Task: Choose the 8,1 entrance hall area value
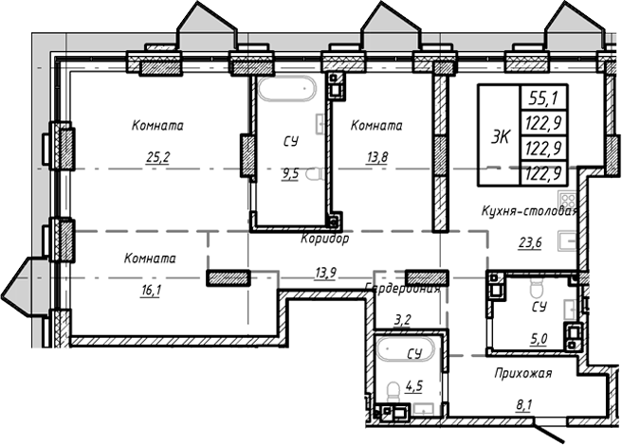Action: [x=523, y=406]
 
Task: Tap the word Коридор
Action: [x=326, y=240]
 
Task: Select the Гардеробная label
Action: [x=403, y=290]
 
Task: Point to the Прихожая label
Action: [x=522, y=373]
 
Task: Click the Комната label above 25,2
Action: [x=157, y=125]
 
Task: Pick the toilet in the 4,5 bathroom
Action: [x=393, y=390]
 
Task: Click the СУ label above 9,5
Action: [x=290, y=141]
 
